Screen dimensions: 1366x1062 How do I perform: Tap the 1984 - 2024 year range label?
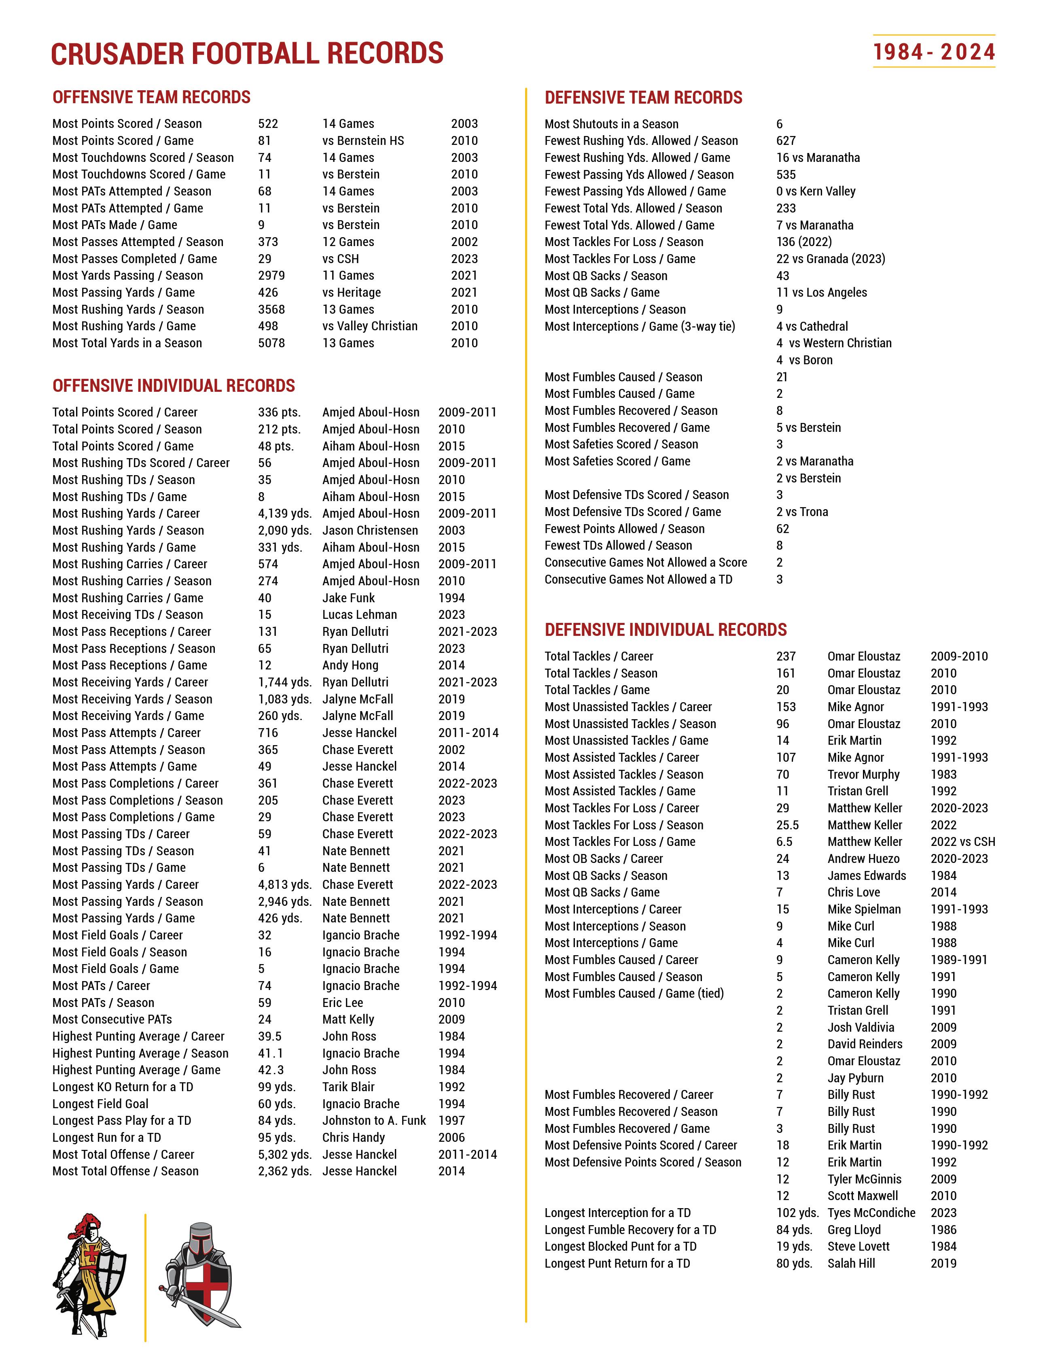pyautogui.click(x=934, y=52)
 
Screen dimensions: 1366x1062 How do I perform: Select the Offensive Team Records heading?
pyautogui.click(x=151, y=98)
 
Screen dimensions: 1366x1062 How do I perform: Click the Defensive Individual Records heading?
pyautogui.click(x=666, y=630)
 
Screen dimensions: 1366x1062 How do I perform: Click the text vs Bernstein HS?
pyautogui.click(x=363, y=141)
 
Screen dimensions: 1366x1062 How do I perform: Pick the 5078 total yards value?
pyautogui.click(x=271, y=343)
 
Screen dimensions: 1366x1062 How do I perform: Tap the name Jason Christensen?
pyautogui.click(x=370, y=530)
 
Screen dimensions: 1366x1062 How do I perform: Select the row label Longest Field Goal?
pyautogui.click(x=101, y=1104)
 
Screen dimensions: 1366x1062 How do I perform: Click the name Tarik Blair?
pyautogui.click(x=348, y=1087)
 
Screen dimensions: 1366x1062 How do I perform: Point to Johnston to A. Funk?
pyautogui.click(x=374, y=1121)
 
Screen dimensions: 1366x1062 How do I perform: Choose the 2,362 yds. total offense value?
pyautogui.click(x=284, y=1171)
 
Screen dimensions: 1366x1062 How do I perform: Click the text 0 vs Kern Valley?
pyautogui.click(x=816, y=191)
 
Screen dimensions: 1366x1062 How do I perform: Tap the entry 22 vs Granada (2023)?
pyautogui.click(x=831, y=259)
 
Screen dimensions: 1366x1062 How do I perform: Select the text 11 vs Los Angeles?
pyautogui.click(x=821, y=293)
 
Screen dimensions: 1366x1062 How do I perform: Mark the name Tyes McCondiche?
pyautogui.click(x=871, y=1213)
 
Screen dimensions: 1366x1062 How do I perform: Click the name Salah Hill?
pyautogui.click(x=851, y=1264)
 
